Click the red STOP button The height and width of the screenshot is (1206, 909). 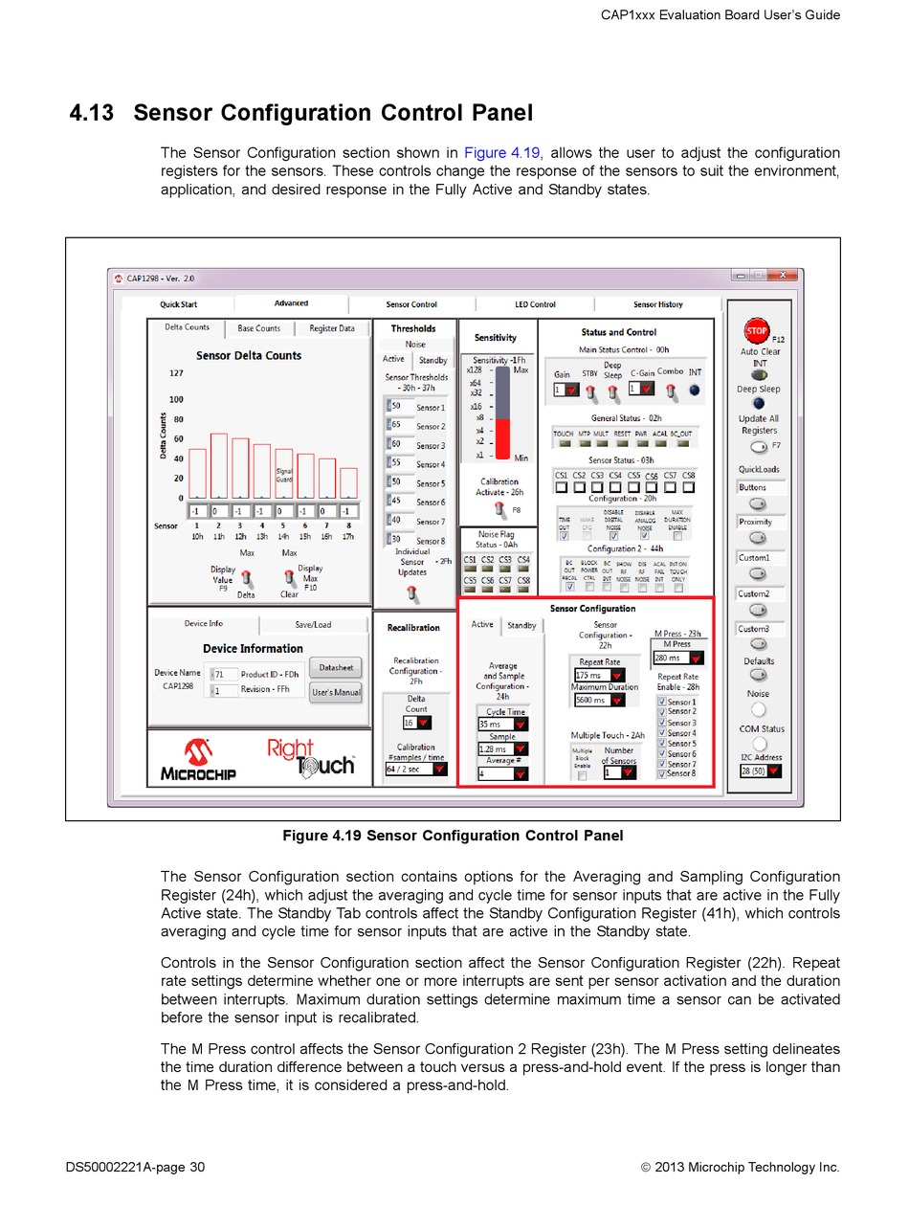pos(756,331)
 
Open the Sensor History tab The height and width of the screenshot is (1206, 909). pos(657,304)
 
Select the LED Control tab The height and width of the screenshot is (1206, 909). pos(535,304)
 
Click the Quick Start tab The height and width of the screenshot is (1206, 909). pos(179,304)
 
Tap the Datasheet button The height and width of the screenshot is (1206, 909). pos(336,667)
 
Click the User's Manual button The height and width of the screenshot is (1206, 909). pos(336,692)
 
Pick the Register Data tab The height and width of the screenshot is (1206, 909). pos(331,328)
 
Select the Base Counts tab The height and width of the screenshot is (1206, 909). pos(258,328)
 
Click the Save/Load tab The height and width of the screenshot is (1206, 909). pos(313,624)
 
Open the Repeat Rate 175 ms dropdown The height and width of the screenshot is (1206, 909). pos(599,675)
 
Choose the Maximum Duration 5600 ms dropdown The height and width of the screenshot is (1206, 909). pos(599,700)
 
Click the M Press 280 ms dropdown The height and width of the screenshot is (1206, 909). pos(678,658)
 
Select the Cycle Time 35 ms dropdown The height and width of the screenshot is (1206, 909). pos(502,725)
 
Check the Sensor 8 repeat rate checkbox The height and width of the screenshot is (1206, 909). pos(662,773)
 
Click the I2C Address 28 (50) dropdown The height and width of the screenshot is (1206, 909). pos(761,770)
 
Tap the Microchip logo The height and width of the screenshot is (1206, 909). pos(198,759)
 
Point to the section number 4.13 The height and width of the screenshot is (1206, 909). pos(91,113)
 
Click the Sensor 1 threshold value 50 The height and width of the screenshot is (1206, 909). pos(396,407)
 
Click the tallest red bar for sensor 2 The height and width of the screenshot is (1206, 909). pos(219,465)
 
